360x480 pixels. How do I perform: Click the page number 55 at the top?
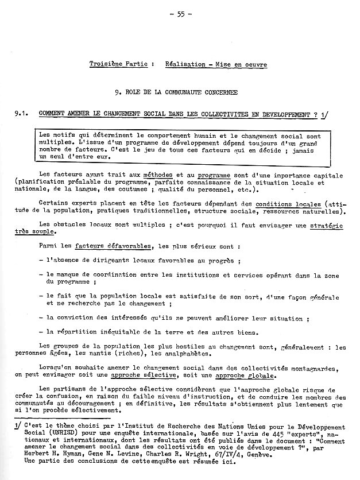click(184, 13)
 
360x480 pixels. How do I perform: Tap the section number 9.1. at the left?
click(23, 115)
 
